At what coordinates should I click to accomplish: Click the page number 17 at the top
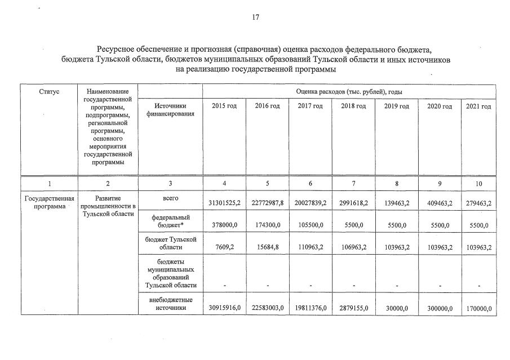tap(255, 17)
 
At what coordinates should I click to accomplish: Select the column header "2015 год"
tap(224, 106)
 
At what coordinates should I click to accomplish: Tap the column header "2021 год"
tap(478, 106)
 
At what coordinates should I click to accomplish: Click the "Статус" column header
tap(49, 91)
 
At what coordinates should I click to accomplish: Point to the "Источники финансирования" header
tap(170, 110)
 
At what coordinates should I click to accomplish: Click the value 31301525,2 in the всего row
tap(224, 204)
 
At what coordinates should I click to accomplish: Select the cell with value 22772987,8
tap(267, 204)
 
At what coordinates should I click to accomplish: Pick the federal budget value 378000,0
tap(224, 225)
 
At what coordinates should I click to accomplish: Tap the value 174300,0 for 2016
tap(267, 225)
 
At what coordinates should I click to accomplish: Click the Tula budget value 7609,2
tap(224, 247)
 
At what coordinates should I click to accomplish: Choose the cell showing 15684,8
tap(267, 247)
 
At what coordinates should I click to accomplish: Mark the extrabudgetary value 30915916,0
tap(224, 308)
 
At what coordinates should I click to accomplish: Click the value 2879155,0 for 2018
tap(353, 308)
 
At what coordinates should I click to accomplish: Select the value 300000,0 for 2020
tap(439, 308)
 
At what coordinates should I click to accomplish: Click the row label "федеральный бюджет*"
tap(170, 221)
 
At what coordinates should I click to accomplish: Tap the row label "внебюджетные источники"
tap(170, 304)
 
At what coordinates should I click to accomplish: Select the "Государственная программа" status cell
tap(49, 202)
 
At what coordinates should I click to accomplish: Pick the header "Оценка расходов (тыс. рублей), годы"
tap(349, 91)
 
